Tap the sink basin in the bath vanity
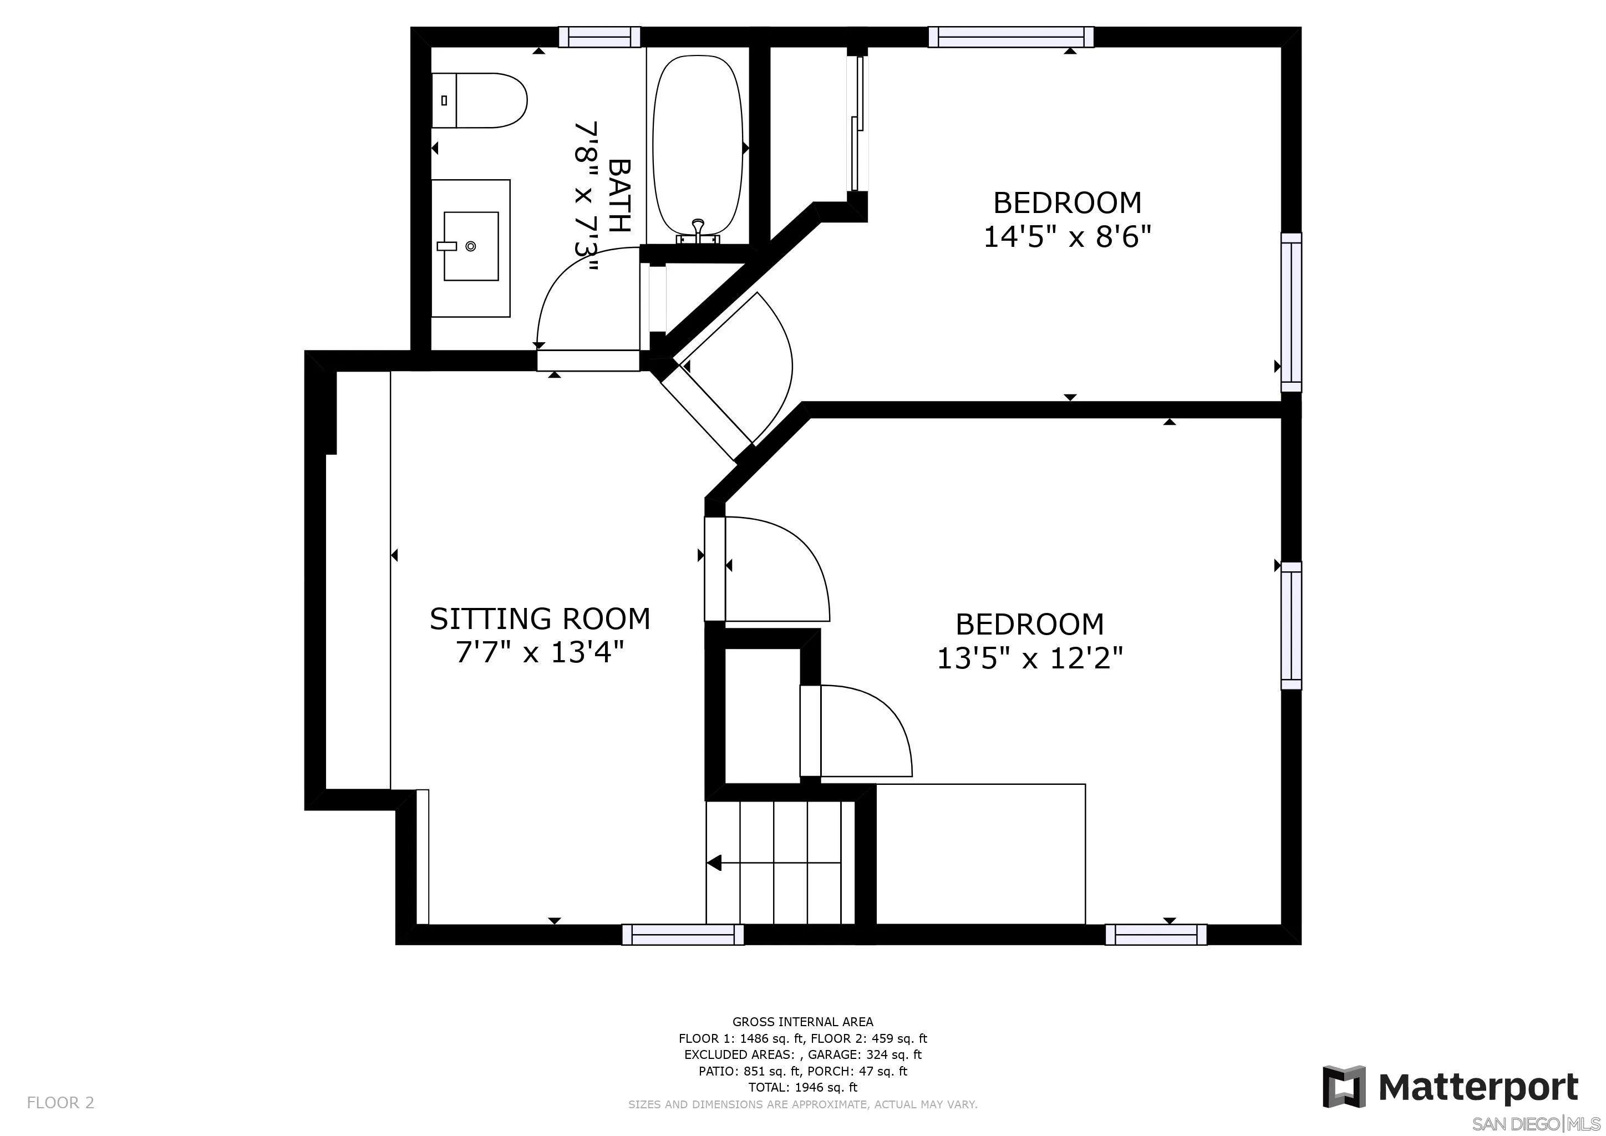471,246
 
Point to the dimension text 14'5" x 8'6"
1067,237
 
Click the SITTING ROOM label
539,619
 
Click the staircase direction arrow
714,863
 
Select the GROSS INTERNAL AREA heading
802,1022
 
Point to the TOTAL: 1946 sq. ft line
802,1088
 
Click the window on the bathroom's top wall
599,37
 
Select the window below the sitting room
683,935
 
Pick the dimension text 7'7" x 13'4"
539,653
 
